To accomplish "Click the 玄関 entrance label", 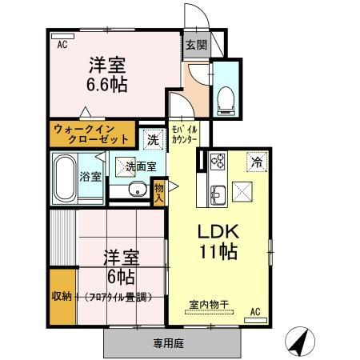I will point(195,45).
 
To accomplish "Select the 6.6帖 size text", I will point(107,82).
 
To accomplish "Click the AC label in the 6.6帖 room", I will point(62,46).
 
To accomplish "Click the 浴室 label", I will point(91,177).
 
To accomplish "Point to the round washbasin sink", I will point(137,190).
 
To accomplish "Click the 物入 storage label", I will point(159,191).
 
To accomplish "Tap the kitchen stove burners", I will point(217,162).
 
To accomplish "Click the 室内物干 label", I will point(209,304).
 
